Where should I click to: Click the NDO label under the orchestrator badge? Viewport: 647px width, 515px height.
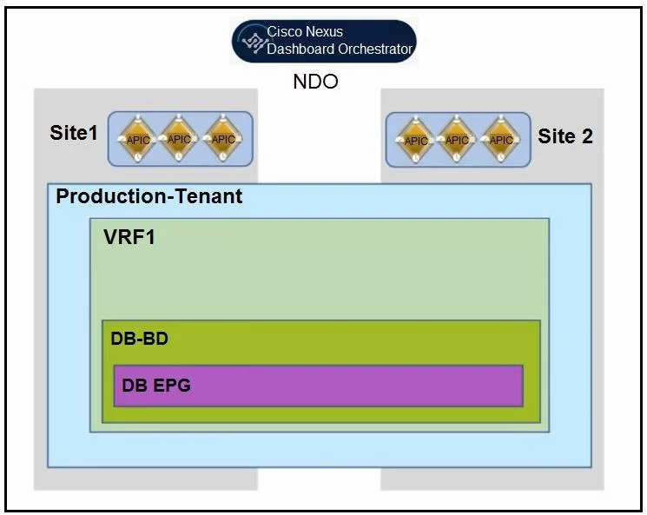click(x=315, y=82)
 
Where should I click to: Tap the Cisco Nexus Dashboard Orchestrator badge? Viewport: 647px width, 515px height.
click(x=324, y=41)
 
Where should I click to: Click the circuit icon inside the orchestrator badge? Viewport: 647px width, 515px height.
click(x=254, y=43)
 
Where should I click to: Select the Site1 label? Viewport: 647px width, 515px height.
click(x=74, y=133)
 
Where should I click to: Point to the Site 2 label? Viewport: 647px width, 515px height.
click(x=565, y=136)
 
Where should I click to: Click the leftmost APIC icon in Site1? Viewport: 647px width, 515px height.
click(x=137, y=139)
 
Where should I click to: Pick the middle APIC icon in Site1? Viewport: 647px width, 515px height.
click(x=179, y=139)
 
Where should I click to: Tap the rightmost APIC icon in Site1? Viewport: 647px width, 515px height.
click(x=223, y=139)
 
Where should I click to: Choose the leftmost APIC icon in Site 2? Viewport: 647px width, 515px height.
click(x=415, y=140)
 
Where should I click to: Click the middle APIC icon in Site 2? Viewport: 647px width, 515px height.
click(x=456, y=140)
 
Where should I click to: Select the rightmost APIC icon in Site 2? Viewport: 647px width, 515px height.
click(x=500, y=140)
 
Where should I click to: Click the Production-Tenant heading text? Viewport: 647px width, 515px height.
click(x=149, y=196)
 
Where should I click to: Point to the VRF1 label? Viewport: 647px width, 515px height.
click(x=129, y=237)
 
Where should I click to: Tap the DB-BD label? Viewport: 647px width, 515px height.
click(x=140, y=339)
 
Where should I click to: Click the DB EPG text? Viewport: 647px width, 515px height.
click(x=156, y=386)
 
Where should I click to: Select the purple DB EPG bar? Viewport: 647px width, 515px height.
click(x=318, y=386)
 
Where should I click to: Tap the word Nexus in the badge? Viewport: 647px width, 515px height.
click(x=324, y=31)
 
